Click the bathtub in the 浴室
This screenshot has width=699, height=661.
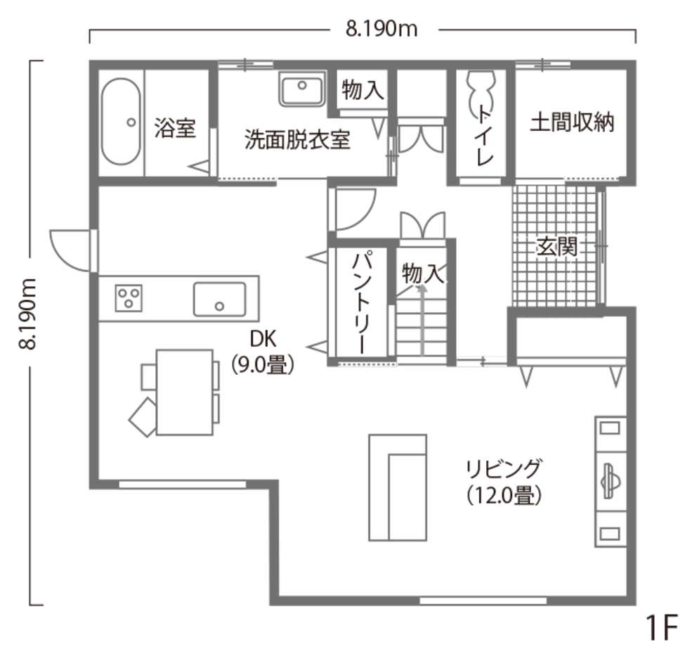click(x=121, y=122)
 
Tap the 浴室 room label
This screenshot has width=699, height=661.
click(x=175, y=128)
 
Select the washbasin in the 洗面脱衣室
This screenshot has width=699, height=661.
click(x=302, y=89)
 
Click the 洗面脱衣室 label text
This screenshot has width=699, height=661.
click(x=297, y=140)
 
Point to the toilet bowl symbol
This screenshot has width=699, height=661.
click(x=481, y=92)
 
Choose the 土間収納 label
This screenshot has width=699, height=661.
click(x=572, y=122)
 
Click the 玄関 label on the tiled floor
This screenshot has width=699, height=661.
click(x=557, y=247)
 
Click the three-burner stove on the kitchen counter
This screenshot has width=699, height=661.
click(x=129, y=297)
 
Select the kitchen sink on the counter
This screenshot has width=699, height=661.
click(x=219, y=299)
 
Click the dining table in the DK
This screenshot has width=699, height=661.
click(x=185, y=392)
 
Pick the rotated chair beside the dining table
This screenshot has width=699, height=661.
click(x=143, y=417)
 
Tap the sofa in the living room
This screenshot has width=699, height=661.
click(x=398, y=487)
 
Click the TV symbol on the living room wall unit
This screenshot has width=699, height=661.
click(x=610, y=481)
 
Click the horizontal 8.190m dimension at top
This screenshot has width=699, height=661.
click(x=381, y=30)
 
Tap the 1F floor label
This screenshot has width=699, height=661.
click(x=662, y=627)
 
